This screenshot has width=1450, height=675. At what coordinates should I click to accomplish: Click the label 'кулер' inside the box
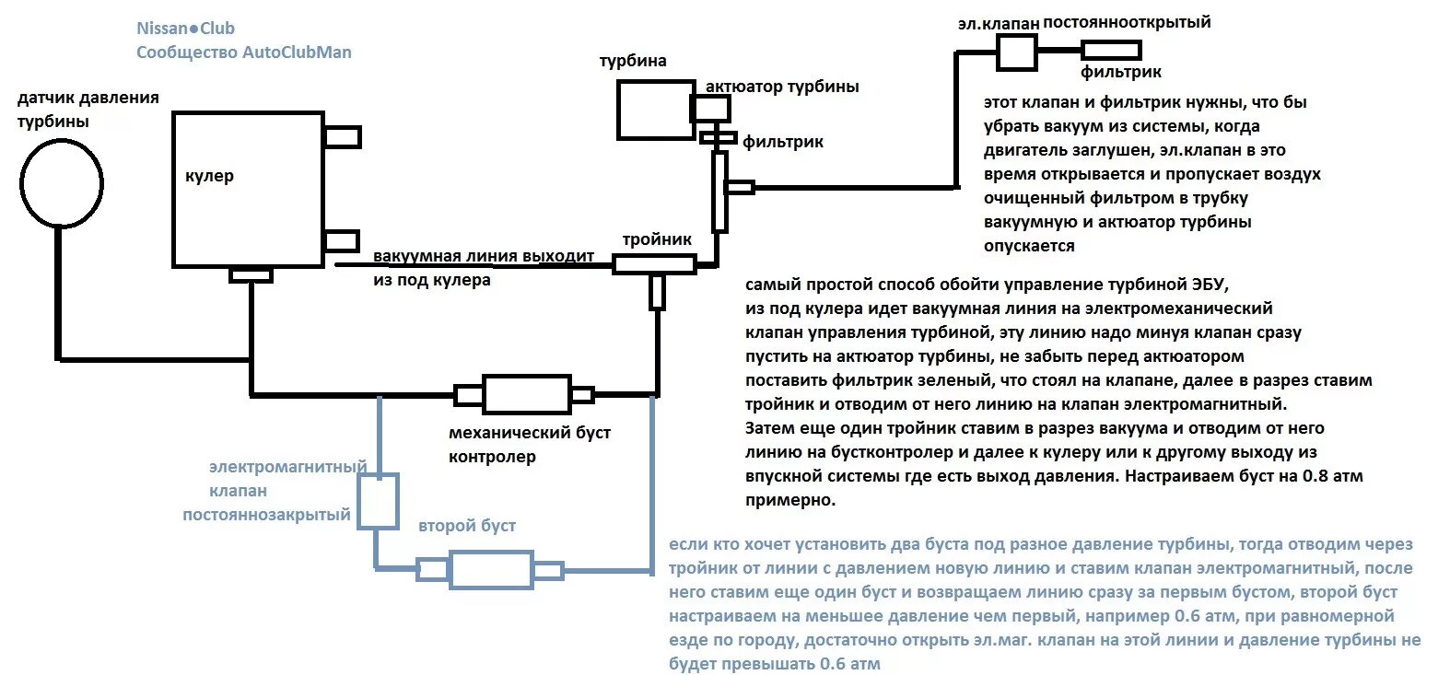pos(209,176)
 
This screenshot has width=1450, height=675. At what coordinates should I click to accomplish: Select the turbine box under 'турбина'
pos(655,110)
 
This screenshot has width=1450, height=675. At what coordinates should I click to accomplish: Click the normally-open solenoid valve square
pos(1017,52)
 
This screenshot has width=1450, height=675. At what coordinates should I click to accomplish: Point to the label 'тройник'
pos(656,239)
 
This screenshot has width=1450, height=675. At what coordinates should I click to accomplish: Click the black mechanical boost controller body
pos(527,394)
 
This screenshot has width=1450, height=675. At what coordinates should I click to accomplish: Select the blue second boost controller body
pos(491,569)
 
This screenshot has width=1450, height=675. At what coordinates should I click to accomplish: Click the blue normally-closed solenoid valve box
pos(378,500)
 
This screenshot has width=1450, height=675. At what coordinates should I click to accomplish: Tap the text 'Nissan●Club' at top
pos(185,29)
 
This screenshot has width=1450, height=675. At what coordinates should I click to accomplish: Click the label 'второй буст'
pos(467,526)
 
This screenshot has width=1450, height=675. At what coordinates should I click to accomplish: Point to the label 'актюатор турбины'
pos(782,87)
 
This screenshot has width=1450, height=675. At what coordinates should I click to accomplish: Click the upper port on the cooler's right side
pos(342,137)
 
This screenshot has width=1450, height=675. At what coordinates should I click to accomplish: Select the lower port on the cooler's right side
pos(341,241)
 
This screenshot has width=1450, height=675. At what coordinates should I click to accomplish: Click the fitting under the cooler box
pos(251,275)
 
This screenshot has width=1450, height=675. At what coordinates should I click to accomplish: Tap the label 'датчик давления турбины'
pos(88,110)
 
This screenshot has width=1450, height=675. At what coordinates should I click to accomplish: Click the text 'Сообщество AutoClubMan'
pos(244,52)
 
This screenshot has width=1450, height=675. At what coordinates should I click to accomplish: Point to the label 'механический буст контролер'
pos(529,444)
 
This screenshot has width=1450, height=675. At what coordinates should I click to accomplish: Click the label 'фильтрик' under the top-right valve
pos(1120,72)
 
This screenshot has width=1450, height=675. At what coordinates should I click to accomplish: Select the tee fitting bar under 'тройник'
pos(655,265)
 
